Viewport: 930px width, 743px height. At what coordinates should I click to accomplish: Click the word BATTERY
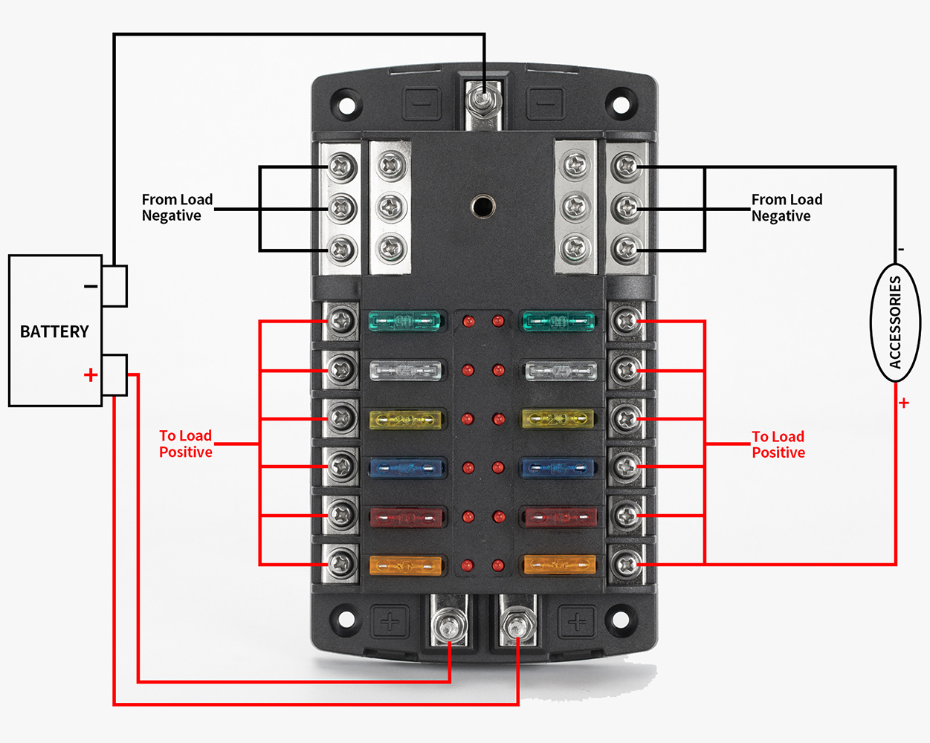[54, 331]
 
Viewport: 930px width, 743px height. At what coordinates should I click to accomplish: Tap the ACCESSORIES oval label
[895, 322]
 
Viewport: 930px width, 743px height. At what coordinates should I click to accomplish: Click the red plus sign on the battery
[91, 374]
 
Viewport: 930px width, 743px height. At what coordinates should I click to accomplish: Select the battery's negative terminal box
[114, 286]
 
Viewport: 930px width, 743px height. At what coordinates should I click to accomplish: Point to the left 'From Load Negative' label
[177, 207]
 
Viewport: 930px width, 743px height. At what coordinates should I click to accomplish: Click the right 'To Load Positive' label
[778, 444]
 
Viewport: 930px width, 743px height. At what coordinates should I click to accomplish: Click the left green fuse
[404, 322]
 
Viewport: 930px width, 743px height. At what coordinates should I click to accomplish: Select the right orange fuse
[560, 565]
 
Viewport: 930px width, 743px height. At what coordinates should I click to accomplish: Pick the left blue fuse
[406, 468]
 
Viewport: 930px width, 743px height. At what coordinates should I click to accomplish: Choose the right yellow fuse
[559, 420]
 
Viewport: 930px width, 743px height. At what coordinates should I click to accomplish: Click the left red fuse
[406, 516]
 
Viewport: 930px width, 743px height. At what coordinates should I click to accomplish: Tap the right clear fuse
[561, 370]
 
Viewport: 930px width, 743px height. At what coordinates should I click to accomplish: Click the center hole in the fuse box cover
[483, 205]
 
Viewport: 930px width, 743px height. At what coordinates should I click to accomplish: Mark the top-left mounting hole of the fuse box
[344, 102]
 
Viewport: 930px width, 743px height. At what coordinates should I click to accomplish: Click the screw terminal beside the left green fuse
[342, 321]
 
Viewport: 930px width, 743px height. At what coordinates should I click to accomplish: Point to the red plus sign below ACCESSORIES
[904, 403]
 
